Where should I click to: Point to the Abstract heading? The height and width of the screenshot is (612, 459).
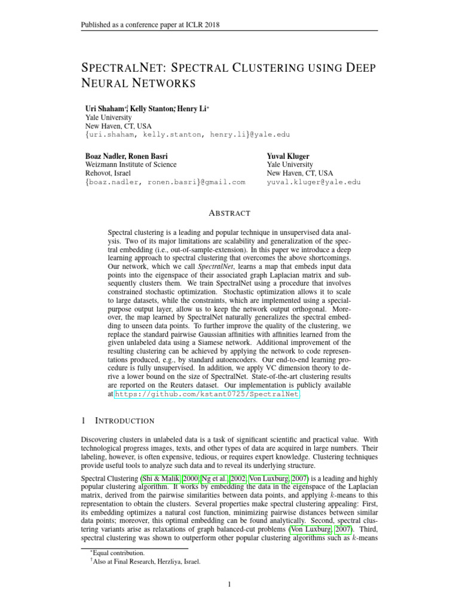pyautogui.click(x=229, y=213)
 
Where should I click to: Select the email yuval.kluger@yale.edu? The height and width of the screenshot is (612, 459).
pyautogui.click(x=314, y=182)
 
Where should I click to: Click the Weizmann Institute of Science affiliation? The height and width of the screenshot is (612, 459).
pyautogui.click(x=131, y=164)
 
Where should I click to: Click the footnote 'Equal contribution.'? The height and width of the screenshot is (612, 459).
pyautogui.click(x=117, y=553)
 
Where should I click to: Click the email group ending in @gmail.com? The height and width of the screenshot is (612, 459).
pyautogui.click(x=166, y=182)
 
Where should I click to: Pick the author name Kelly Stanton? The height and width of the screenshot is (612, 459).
pyautogui.click(x=152, y=109)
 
